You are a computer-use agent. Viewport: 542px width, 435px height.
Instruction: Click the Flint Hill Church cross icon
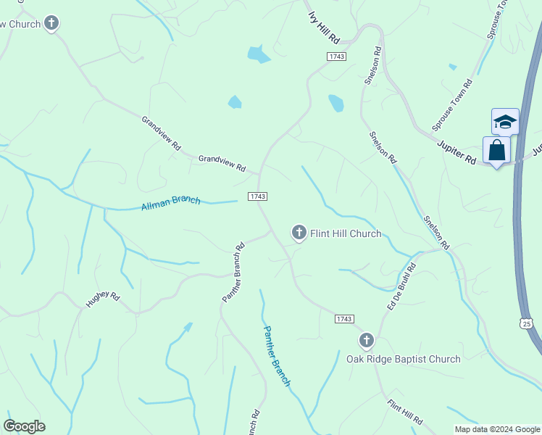pos(298,233)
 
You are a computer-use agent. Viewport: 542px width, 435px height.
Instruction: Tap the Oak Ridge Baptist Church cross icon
pos(367,340)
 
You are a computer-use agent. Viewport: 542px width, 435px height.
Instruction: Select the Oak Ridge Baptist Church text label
pos(403,359)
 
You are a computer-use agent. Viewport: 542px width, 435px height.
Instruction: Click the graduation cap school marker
pos(505,121)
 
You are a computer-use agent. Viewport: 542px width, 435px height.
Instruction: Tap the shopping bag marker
pos(497,151)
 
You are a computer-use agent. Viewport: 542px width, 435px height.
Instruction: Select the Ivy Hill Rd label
pos(322,26)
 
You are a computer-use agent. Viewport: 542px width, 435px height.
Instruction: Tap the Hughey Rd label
pos(102,299)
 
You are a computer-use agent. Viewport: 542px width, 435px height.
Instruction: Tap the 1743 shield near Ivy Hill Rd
pos(336,56)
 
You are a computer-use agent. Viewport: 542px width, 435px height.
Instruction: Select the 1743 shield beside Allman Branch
pos(257,196)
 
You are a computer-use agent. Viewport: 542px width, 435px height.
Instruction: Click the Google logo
pos(24,426)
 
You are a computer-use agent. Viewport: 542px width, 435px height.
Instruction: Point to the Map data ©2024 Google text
pos(497,429)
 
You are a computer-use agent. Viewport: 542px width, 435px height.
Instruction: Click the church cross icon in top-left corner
pos(51,23)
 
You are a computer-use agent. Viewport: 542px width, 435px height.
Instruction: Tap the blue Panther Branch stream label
pos(276,355)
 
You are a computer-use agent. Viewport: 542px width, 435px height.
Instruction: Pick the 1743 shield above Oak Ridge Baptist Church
pos(345,319)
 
